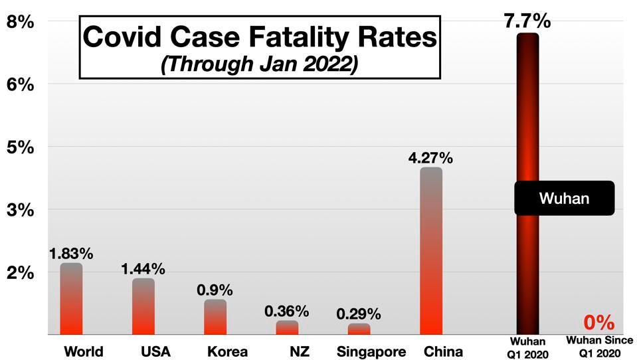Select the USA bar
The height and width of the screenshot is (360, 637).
tap(143, 306)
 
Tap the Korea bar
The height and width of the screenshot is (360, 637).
tap(215, 317)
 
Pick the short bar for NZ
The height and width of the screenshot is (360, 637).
tap(287, 327)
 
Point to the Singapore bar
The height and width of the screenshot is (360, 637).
tap(359, 329)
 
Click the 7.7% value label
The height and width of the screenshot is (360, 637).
tap(527, 20)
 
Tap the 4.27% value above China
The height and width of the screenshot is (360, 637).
tap(431, 158)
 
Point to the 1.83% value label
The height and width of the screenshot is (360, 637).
tap(71, 253)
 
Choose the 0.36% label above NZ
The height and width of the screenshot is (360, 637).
tap(287, 311)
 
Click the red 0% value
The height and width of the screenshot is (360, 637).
tap(599, 323)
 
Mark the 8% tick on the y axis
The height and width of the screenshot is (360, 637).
tap(20, 21)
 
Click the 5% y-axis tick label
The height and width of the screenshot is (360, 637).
tap(20, 147)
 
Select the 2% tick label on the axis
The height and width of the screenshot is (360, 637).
tap(20, 272)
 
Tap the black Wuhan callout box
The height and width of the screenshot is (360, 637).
tap(564, 198)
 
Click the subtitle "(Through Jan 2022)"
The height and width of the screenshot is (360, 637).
tap(260, 65)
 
